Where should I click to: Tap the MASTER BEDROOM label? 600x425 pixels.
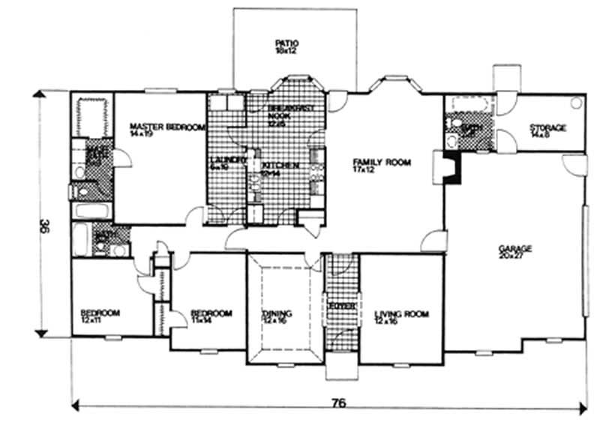click(x=167, y=127)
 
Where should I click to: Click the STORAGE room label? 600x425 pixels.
click(x=547, y=127)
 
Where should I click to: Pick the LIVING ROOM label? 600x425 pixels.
click(x=401, y=314)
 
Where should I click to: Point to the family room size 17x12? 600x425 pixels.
click(x=364, y=170)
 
